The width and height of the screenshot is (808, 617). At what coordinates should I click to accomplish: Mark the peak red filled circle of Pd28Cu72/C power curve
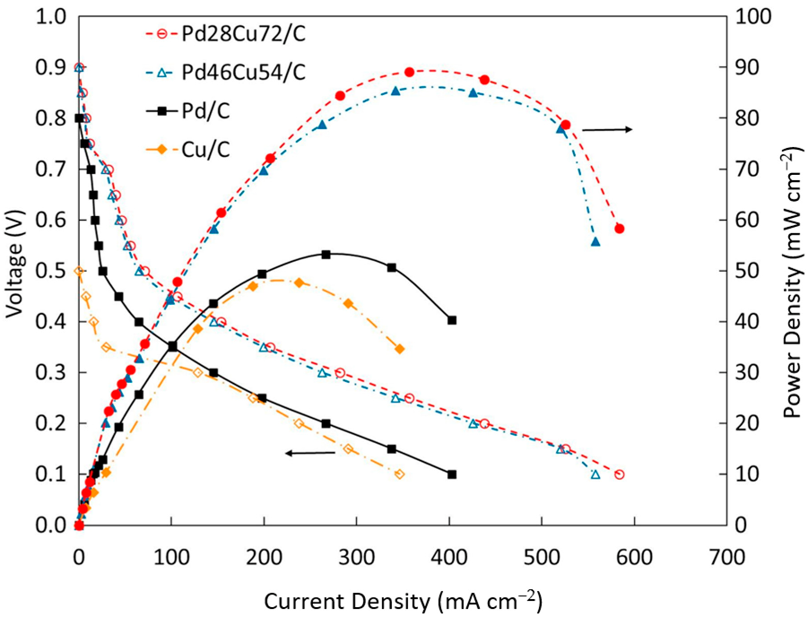[x=409, y=72]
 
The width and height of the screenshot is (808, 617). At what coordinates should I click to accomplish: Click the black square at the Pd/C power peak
[x=326, y=255]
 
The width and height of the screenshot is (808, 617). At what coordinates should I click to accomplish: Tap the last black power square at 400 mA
[x=452, y=320]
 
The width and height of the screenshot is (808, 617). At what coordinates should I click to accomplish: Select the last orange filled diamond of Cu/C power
[x=399, y=349]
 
